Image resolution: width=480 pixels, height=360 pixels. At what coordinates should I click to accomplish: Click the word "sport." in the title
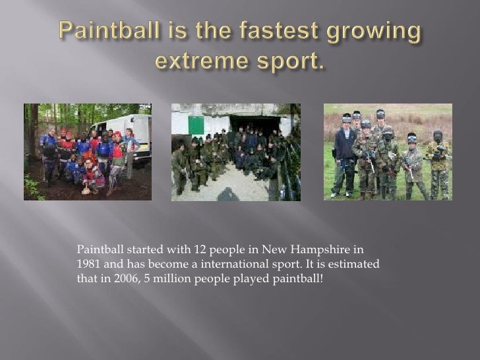(291, 62)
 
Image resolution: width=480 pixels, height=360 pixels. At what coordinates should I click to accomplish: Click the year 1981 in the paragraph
(89, 263)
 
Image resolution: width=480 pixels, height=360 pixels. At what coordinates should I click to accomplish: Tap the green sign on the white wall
(196, 125)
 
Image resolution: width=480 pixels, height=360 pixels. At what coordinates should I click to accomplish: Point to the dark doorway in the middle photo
(254, 123)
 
